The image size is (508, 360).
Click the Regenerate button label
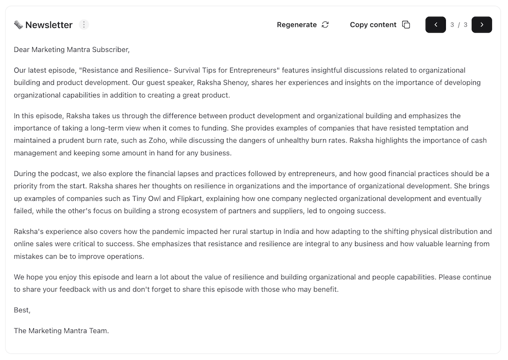click(x=297, y=25)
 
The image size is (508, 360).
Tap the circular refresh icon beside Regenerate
click(x=325, y=25)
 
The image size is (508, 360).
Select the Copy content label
click(x=373, y=25)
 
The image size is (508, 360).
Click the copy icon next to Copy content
click(x=406, y=25)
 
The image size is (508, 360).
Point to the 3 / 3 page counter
click(x=459, y=25)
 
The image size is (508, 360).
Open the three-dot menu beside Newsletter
click(x=84, y=24)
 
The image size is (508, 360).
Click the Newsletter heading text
click(x=49, y=25)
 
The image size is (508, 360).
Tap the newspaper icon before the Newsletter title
click(x=18, y=25)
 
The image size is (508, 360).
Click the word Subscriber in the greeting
click(x=111, y=50)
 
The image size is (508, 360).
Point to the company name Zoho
click(x=157, y=141)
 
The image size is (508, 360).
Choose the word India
click(x=291, y=232)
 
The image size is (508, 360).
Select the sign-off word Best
click(x=21, y=310)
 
